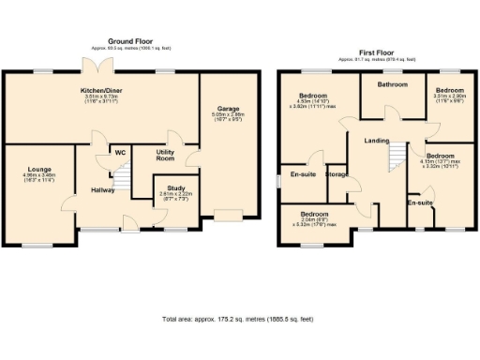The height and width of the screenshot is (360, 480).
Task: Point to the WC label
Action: pos(120,152)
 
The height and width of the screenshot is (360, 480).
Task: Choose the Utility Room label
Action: pos(165,156)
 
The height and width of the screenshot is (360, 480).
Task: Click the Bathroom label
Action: pos(392,85)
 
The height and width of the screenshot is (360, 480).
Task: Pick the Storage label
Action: pos(337,174)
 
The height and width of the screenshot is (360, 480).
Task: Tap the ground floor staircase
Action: pos(119,175)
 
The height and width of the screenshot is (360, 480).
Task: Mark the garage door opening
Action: pos(226,217)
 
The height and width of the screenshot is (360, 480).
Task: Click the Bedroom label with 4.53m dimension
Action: pos(311,96)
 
